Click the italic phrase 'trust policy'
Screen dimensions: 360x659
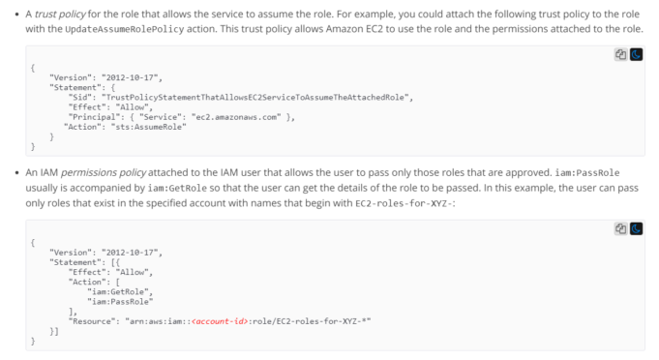click(x=59, y=12)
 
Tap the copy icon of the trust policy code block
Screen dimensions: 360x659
click(x=621, y=55)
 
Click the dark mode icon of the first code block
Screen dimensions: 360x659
click(x=636, y=55)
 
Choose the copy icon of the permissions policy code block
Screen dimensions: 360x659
click(x=621, y=228)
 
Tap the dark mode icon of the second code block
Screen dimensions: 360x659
click(x=636, y=228)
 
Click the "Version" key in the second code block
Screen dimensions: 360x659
click(x=71, y=253)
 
